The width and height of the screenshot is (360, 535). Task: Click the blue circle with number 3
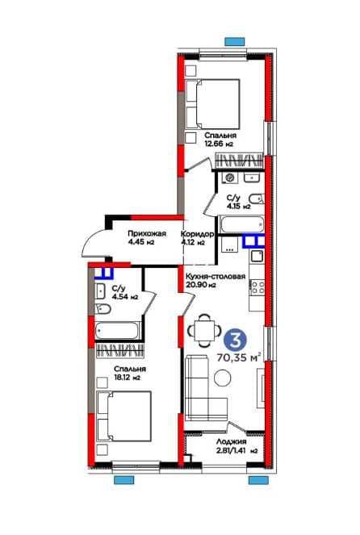coord(235,340)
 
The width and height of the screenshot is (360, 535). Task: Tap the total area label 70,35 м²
coord(239,358)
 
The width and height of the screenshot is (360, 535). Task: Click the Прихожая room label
coord(147,234)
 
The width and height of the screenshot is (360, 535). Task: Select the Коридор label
coord(197,234)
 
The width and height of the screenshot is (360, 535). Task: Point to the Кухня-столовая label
coord(216,276)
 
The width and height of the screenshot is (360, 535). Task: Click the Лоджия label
coord(232,442)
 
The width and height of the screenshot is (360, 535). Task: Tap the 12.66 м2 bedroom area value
coord(219,144)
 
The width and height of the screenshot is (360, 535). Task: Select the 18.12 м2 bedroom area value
coord(128,378)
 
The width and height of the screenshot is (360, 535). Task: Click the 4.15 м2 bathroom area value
coord(239,206)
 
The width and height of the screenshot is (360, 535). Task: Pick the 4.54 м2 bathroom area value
coord(124,297)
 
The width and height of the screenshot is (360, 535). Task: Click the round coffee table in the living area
coord(223,378)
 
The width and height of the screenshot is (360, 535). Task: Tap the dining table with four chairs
coord(203,331)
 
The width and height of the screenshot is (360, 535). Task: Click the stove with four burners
coord(257,287)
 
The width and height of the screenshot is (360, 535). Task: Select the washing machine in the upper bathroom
coord(230,178)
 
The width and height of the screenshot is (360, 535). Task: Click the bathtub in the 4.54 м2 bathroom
coord(117,331)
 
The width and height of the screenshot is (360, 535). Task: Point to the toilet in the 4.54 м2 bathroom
coord(103,309)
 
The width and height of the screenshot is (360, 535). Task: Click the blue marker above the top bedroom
coord(234,42)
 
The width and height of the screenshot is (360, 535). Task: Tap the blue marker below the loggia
coord(258,480)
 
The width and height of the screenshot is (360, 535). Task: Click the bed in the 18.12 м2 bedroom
coord(123,416)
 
